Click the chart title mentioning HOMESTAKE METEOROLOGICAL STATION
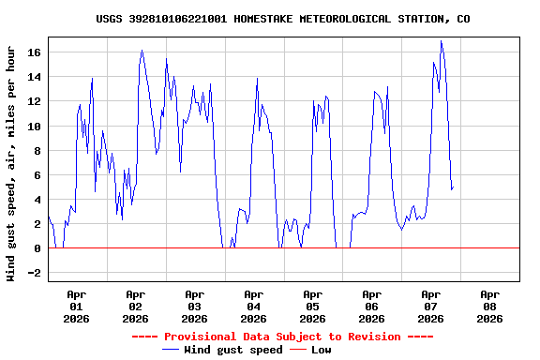283,19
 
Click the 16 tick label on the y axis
35,52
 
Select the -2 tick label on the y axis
35,273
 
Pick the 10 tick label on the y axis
35,127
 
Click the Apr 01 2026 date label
76,306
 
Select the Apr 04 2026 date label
253,306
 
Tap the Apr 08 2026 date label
489,306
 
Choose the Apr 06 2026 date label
371,306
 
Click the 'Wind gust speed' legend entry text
232,350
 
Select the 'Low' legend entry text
321,350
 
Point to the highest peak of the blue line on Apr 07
441,41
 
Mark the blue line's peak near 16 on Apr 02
142,51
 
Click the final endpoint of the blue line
453,188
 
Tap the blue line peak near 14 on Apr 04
257,79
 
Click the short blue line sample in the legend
171,350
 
